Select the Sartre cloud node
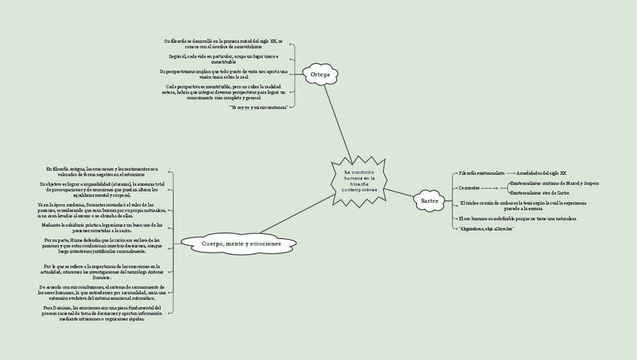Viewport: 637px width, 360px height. point(429,201)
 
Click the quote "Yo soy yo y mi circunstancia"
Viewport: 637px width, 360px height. point(258,107)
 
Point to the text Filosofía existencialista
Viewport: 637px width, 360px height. point(481,173)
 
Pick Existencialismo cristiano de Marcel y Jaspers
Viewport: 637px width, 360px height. point(554,183)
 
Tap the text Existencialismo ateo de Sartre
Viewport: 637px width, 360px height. point(539,192)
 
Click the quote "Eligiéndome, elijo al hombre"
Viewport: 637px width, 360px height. point(486,228)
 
